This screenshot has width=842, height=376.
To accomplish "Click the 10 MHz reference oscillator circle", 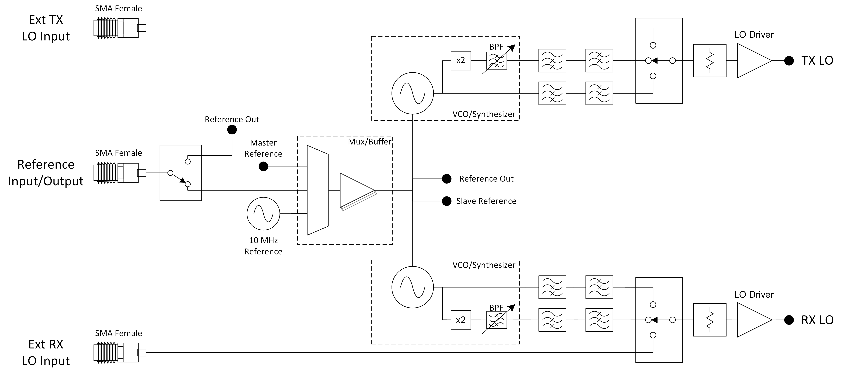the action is click(263, 214).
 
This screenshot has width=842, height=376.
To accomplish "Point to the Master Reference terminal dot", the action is click(263, 167).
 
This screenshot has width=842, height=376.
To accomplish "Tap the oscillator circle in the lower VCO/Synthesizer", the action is click(412, 287).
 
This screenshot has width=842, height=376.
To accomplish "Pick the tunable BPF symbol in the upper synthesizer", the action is click(497, 60).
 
